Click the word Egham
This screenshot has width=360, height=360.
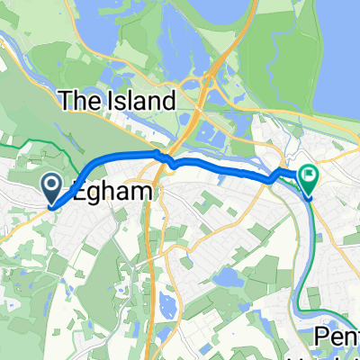(x=116, y=191)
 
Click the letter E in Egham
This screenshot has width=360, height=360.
(x=83, y=191)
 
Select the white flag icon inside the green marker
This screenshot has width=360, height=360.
(x=310, y=175)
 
